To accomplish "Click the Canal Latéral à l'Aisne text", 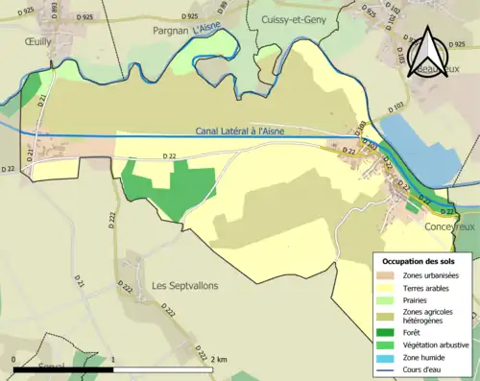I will pyautogui.click(x=226, y=131).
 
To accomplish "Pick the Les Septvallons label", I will pyautogui.click(x=184, y=286).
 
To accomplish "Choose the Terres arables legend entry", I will pyautogui.click(x=427, y=287).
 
